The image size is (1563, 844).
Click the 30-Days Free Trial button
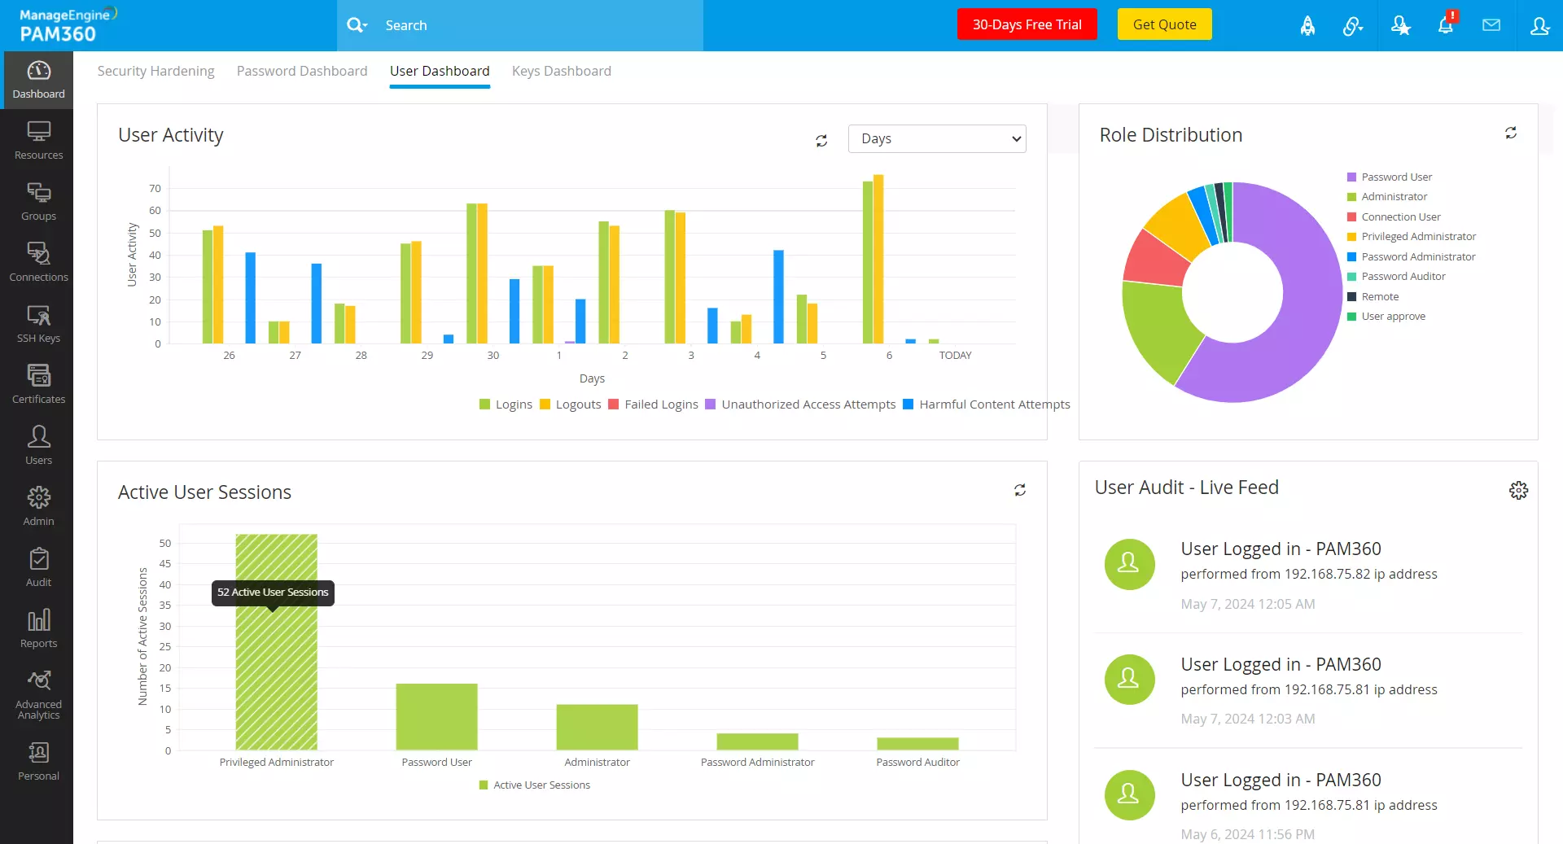[x=1027, y=24]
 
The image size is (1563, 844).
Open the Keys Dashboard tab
[x=561, y=71]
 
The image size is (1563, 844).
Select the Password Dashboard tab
[x=301, y=71]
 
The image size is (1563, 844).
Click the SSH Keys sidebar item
[x=38, y=323]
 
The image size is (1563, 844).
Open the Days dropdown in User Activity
[x=936, y=138]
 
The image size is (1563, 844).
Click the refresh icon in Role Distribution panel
[x=1510, y=133]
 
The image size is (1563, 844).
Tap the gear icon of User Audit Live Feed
[x=1518, y=490]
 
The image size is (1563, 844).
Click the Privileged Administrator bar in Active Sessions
[x=276, y=667]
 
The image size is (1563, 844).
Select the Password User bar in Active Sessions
[x=436, y=716]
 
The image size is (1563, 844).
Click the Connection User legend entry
[x=1400, y=216]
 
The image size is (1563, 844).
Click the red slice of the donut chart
[x=1154, y=259]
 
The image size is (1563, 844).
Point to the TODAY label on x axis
[x=955, y=356]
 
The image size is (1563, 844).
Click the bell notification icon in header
[x=1446, y=25]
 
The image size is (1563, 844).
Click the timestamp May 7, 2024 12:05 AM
[x=1247, y=604]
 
